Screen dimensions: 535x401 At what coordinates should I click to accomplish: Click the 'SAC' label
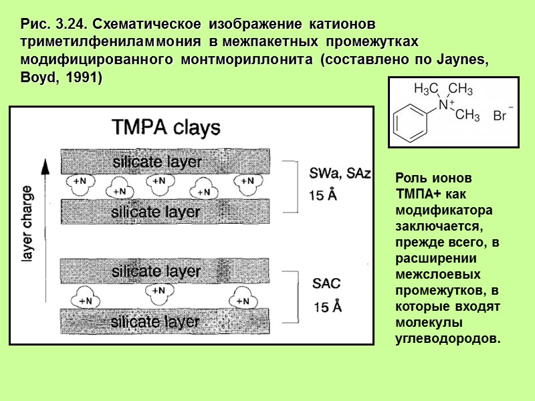click(x=327, y=283)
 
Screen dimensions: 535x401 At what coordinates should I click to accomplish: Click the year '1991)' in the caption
click(x=83, y=76)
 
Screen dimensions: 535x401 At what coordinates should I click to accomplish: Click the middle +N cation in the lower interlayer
click(x=158, y=291)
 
